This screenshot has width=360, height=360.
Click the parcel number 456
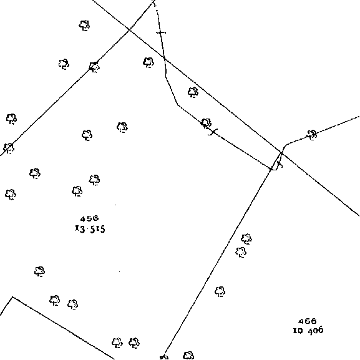(x=90, y=218)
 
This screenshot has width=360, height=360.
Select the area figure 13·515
(x=90, y=229)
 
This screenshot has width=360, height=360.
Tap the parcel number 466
(x=308, y=321)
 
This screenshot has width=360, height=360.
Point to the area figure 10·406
(x=308, y=331)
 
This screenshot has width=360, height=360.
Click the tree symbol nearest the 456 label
(x=77, y=191)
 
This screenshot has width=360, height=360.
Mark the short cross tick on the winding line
(x=161, y=32)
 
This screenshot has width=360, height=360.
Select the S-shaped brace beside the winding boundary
(x=213, y=132)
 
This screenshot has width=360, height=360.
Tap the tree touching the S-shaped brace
(x=206, y=124)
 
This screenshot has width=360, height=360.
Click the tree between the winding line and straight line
(x=193, y=92)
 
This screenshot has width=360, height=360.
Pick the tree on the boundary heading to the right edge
(x=312, y=135)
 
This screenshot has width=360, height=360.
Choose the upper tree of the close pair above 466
(x=246, y=239)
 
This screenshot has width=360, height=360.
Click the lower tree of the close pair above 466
(x=241, y=252)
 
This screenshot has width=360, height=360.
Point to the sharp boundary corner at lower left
(x=12, y=297)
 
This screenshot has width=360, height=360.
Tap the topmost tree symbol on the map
(x=84, y=25)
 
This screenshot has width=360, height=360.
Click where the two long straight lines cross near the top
(x=129, y=29)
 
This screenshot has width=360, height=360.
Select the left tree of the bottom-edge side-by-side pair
(x=117, y=343)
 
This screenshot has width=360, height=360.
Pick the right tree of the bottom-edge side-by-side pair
(x=134, y=343)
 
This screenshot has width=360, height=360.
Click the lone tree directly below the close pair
(x=220, y=291)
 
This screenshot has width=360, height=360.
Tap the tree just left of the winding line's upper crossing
(x=148, y=62)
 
